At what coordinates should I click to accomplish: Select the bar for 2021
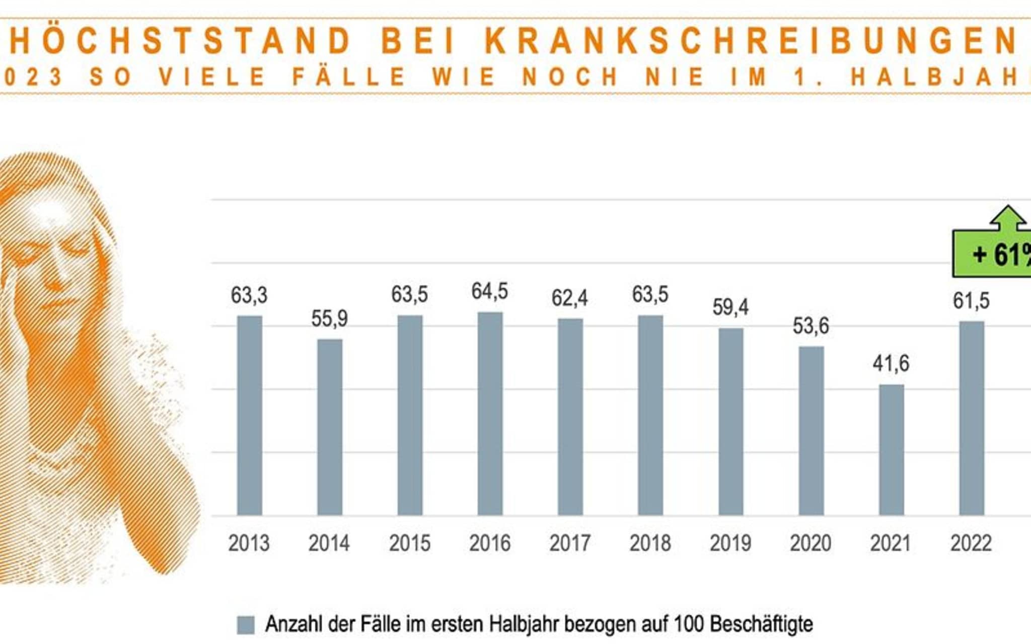click(891, 450)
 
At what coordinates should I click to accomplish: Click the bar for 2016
click(490, 414)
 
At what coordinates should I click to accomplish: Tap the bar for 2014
click(330, 427)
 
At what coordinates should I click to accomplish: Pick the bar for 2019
click(730, 422)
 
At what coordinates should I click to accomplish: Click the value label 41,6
click(891, 363)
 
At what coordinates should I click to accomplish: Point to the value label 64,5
click(489, 291)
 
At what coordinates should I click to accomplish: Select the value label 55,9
click(329, 318)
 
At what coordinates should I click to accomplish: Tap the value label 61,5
click(971, 301)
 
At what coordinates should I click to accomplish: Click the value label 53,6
click(811, 326)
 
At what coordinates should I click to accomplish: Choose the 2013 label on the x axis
click(249, 543)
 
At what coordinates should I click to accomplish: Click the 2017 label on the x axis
click(570, 543)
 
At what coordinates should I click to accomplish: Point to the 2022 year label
click(971, 543)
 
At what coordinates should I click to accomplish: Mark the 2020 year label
click(810, 543)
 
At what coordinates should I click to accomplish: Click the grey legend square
click(246, 625)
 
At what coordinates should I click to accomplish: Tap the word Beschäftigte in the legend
click(761, 624)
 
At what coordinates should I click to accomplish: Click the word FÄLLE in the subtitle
click(349, 77)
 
